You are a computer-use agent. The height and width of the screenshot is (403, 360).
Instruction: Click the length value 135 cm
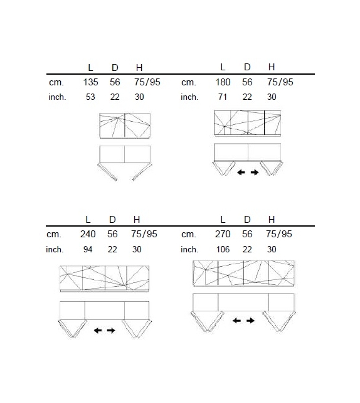tap(90, 82)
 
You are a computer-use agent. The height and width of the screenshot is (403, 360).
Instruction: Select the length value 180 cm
tap(223, 82)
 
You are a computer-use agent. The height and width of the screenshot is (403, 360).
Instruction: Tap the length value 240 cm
tap(88, 234)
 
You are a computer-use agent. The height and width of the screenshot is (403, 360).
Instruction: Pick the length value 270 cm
tap(223, 234)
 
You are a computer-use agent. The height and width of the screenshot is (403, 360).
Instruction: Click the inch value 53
tap(90, 97)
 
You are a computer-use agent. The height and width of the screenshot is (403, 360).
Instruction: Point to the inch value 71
tap(223, 97)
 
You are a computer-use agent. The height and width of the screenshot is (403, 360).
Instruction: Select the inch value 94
tap(88, 249)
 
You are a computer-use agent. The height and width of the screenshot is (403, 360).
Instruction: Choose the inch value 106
tap(223, 249)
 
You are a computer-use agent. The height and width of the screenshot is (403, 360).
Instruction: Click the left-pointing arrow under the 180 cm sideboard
tap(241, 172)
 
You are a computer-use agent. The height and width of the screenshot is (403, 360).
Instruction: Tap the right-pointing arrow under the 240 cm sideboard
tap(111, 330)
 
